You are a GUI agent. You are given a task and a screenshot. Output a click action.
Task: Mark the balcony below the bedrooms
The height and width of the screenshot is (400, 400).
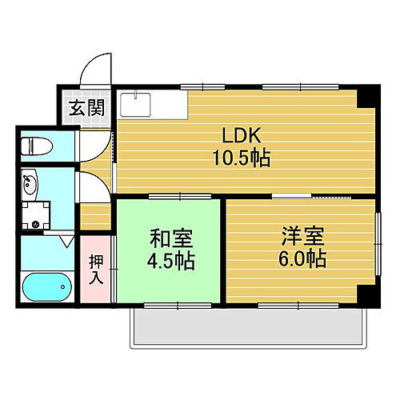249,329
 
